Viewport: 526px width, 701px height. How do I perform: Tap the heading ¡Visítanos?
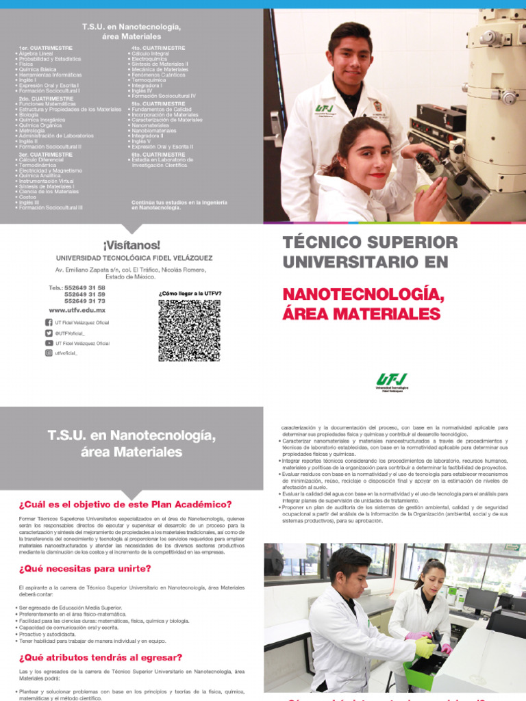(131, 244)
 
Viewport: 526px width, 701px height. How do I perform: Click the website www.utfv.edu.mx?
(77, 310)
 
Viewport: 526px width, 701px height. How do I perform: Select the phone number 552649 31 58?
(84, 288)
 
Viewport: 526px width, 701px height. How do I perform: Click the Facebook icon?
(49, 322)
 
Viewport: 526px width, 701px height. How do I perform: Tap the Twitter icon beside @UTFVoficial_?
(49, 333)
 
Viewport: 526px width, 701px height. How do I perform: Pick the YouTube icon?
(49, 343)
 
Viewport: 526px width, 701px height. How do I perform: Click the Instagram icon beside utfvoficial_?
(49, 353)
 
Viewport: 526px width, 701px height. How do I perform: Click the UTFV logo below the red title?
(392, 381)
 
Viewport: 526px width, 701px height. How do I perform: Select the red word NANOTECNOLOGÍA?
(363, 294)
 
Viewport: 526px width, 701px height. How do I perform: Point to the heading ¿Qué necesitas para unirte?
(86, 568)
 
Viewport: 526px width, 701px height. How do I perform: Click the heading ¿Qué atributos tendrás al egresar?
(101, 657)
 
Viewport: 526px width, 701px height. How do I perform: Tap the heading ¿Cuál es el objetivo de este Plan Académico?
(125, 505)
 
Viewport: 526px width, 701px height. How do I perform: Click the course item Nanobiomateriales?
(155, 131)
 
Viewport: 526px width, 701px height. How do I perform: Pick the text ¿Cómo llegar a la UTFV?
(190, 293)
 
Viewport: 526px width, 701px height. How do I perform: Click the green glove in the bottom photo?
(425, 646)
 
